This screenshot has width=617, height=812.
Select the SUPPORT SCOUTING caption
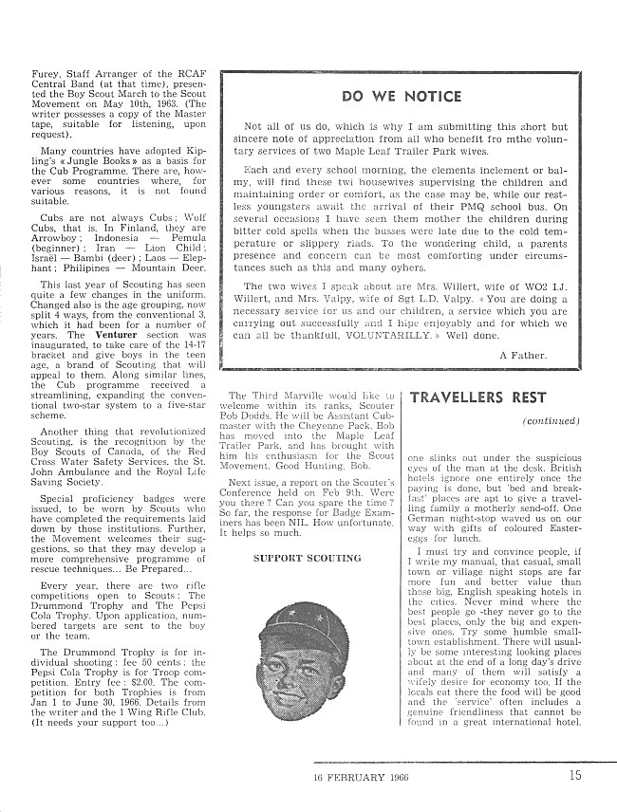307,559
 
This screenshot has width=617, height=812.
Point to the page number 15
576,775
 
